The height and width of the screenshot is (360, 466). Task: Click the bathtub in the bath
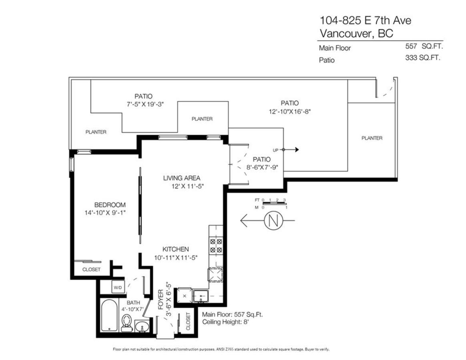pyautogui.click(x=108, y=316)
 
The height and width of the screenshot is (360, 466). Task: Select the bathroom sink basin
pyautogui.click(x=141, y=327)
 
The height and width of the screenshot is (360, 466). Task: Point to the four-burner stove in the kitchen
pyautogui.click(x=216, y=246)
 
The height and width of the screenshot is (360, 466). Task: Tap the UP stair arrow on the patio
pyautogui.click(x=290, y=150)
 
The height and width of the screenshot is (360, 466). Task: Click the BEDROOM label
pyautogui.click(x=104, y=205)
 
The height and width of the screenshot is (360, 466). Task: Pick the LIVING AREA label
pyautogui.click(x=181, y=178)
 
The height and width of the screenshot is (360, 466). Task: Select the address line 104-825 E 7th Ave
pyautogui.click(x=365, y=20)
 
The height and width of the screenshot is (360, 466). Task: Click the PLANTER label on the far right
pyautogui.click(x=372, y=138)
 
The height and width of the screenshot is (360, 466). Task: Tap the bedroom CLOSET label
pyautogui.click(x=91, y=270)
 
